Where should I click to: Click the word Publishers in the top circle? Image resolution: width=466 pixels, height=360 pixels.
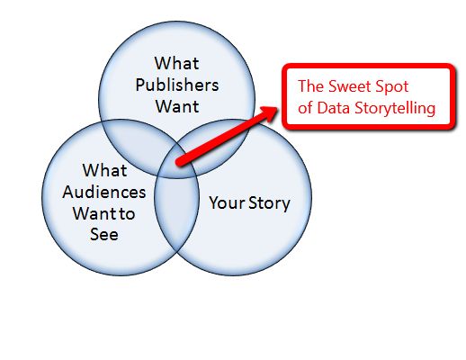(x=177, y=85)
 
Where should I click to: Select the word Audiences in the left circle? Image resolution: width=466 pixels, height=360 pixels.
(x=104, y=192)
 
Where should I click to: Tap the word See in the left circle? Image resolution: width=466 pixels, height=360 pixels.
(x=104, y=234)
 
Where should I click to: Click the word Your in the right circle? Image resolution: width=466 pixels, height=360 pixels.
(x=227, y=202)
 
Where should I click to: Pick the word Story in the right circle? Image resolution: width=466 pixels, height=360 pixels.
(x=269, y=203)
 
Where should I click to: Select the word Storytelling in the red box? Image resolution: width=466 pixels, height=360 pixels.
(x=395, y=108)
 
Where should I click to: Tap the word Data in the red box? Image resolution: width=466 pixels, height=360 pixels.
(x=334, y=108)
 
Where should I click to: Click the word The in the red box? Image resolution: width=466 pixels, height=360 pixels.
(x=310, y=86)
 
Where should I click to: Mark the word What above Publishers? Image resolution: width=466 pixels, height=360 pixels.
(x=177, y=63)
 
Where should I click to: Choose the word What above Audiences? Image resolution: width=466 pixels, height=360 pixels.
(x=104, y=170)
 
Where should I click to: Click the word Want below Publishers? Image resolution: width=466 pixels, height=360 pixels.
(x=177, y=106)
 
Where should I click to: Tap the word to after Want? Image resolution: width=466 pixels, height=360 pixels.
(x=127, y=214)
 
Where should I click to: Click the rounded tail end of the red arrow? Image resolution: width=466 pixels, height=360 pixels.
(x=179, y=163)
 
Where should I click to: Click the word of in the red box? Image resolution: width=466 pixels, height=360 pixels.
(x=305, y=108)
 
